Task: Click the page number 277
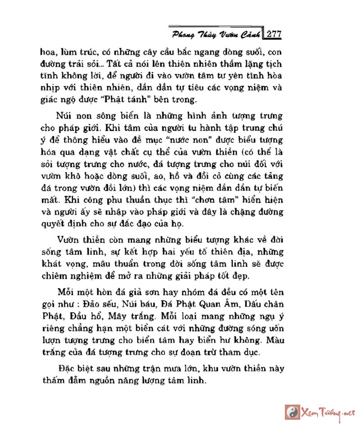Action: [274, 34]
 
